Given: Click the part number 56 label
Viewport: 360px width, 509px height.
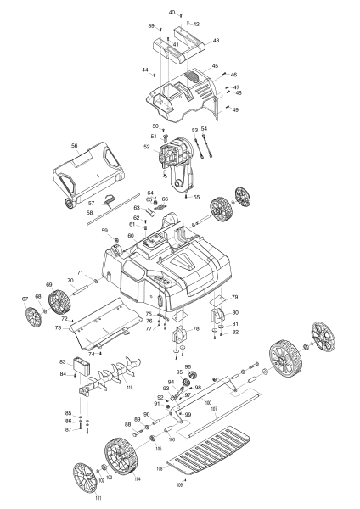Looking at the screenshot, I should pos(74,146).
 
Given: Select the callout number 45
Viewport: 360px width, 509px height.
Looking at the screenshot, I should pos(215,65).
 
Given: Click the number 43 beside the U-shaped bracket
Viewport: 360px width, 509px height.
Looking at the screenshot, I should pos(216,41).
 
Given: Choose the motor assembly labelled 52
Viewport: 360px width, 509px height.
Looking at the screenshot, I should pos(178,161).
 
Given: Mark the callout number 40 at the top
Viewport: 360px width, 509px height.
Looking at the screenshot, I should pos(171,13).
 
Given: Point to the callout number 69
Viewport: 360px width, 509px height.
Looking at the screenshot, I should pos(49,285).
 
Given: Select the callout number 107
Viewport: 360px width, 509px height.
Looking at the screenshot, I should pos(214,408).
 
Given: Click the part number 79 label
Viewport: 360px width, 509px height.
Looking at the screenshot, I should pos(235,297).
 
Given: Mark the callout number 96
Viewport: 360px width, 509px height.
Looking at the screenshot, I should pos(188,366).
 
